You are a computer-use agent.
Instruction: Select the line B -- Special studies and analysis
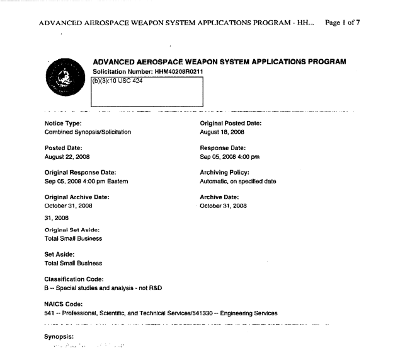tap(108, 287)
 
